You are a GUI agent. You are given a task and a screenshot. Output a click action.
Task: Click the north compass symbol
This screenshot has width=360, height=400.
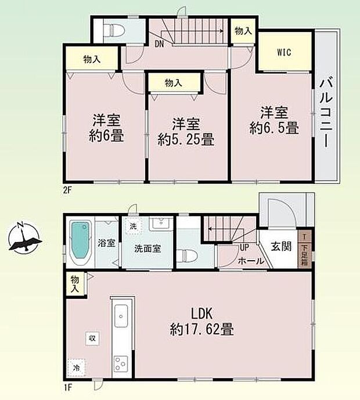point(24,239)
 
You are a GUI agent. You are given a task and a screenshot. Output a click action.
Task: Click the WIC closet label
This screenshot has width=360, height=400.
point(283,52)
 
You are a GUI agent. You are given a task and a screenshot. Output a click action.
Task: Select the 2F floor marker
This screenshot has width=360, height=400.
point(68,189)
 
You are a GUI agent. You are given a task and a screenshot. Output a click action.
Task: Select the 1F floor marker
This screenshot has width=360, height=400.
point(68,384)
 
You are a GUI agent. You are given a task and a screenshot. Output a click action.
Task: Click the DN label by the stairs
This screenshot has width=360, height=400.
point(159,42)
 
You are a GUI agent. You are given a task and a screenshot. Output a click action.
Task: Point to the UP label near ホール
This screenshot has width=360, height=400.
point(245,247)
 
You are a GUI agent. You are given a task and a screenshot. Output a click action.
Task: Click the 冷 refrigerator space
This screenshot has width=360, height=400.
point(77,367)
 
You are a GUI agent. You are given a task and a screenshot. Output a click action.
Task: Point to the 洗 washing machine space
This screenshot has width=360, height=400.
point(133,226)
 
